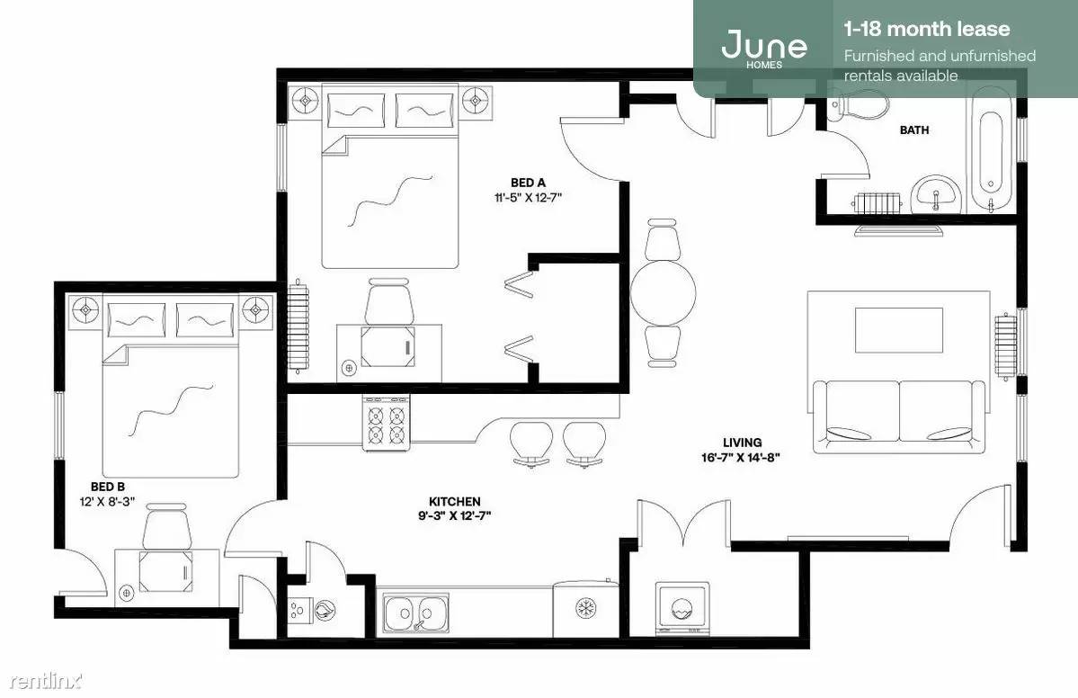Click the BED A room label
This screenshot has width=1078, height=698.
tap(528, 183)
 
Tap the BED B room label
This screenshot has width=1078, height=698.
tap(108, 487)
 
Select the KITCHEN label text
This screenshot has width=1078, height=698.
tap(454, 501)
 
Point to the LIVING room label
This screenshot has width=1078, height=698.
tap(742, 443)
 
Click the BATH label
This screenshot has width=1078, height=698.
tap(914, 130)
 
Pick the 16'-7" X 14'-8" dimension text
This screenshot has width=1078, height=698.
tap(741, 457)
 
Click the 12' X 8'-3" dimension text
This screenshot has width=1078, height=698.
tap(108, 501)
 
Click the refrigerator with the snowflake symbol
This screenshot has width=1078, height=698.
tap(585, 609)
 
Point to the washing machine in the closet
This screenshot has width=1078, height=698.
tap(682, 607)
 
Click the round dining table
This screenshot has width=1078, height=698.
tap(663, 292)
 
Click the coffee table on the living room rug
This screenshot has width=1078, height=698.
tap(898, 330)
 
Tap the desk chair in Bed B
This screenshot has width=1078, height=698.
tap(167, 527)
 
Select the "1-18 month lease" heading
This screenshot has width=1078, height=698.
tap(927, 29)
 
